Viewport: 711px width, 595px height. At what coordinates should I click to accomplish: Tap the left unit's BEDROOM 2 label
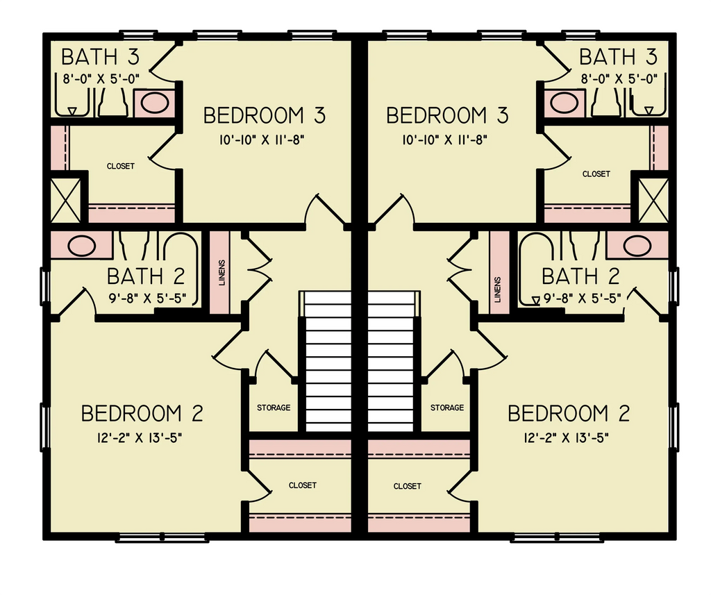(142, 414)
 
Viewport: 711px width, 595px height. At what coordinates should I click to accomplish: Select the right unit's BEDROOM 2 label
(569, 414)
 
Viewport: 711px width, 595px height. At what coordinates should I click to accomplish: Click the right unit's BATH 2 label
(580, 276)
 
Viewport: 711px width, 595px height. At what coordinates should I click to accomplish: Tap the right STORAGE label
(447, 408)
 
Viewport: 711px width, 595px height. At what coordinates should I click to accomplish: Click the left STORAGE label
(274, 408)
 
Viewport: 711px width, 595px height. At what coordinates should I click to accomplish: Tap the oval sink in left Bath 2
(82, 245)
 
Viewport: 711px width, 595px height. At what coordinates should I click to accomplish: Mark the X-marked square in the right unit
(653, 200)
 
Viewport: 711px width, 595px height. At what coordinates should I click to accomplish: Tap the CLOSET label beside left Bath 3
(121, 166)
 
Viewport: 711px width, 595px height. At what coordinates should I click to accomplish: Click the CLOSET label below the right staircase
(407, 486)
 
